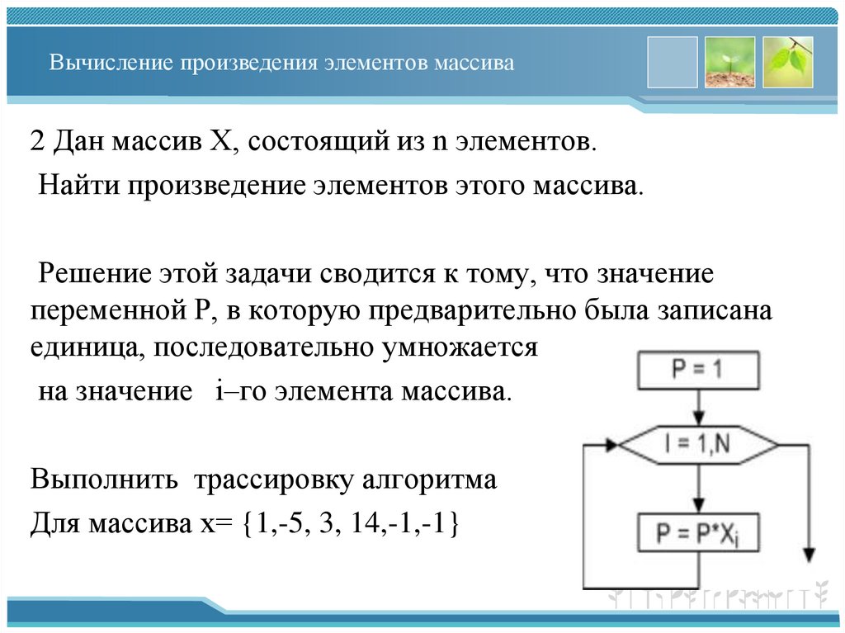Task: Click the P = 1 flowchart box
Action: [x=698, y=369]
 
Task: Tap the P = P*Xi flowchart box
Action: [x=698, y=533]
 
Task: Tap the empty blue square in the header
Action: [x=673, y=62]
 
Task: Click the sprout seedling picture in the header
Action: [x=729, y=62]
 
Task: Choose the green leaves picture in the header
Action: [x=788, y=62]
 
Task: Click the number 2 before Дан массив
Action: [x=38, y=141]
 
